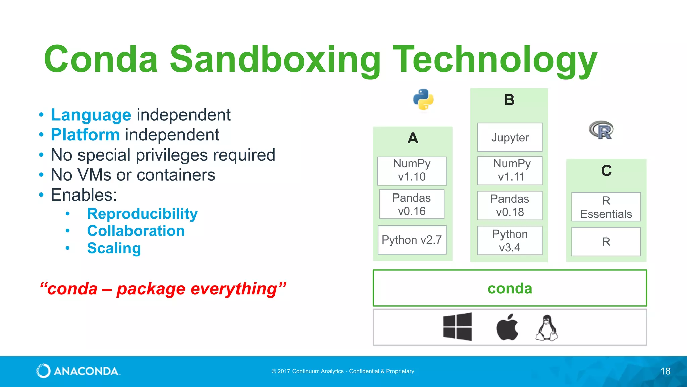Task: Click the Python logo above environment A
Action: [423, 99]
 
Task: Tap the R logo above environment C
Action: [601, 130]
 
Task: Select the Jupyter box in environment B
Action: [510, 137]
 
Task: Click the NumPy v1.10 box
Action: [412, 171]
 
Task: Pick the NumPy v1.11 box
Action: [510, 171]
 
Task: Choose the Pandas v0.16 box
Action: [412, 204]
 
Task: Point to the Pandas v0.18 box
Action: [510, 206]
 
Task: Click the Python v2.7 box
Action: [412, 240]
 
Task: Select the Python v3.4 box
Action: [510, 241]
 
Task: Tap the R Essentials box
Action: [606, 207]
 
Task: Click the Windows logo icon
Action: [458, 327]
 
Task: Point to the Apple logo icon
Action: [507, 327]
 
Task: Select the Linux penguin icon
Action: [547, 328]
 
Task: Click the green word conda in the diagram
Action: [510, 288]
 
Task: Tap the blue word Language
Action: [91, 115]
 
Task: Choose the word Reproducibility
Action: [142, 214]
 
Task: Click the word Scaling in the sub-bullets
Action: [114, 248]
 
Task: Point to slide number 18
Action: [665, 371]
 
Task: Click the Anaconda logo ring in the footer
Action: [43, 371]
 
